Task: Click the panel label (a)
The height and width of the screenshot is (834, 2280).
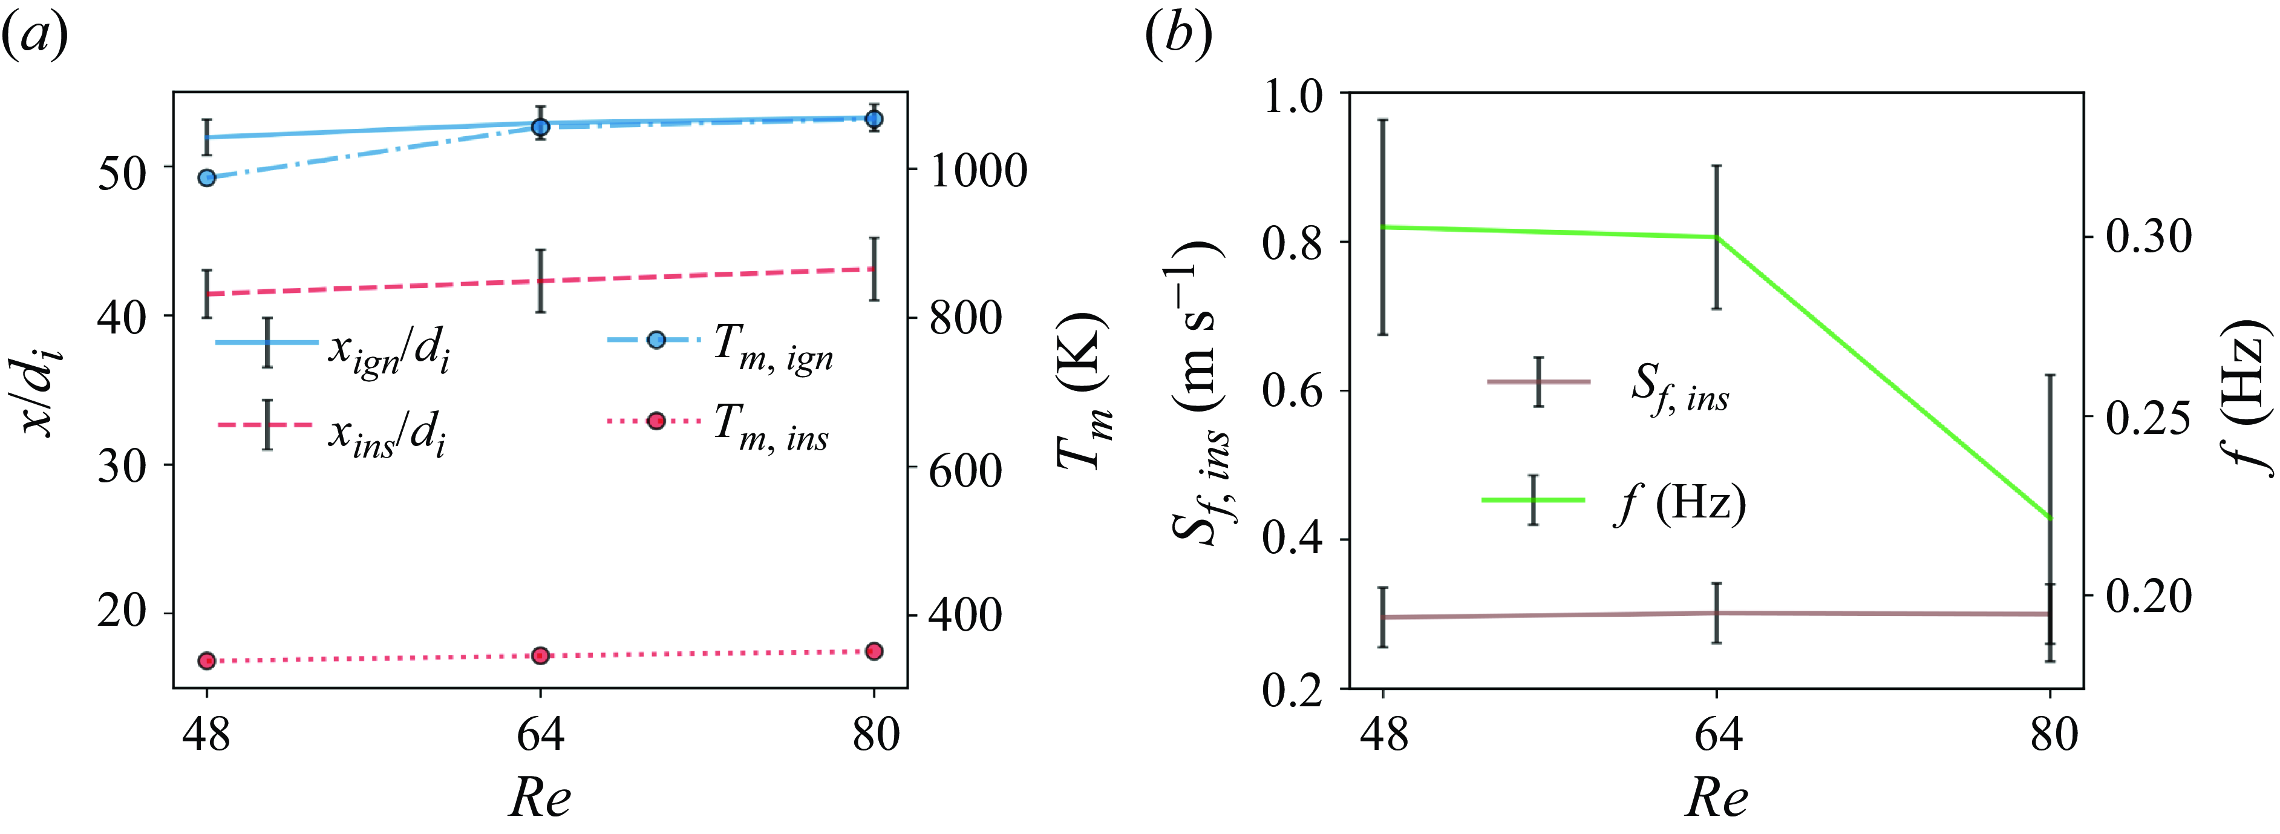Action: tap(36, 37)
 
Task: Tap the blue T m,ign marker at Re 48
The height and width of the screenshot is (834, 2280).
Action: tap(207, 178)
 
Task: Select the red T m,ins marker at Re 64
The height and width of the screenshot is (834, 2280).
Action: tap(541, 655)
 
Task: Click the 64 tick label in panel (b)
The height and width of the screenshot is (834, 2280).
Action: tap(1717, 735)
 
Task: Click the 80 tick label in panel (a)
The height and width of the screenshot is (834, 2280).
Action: tap(875, 735)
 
